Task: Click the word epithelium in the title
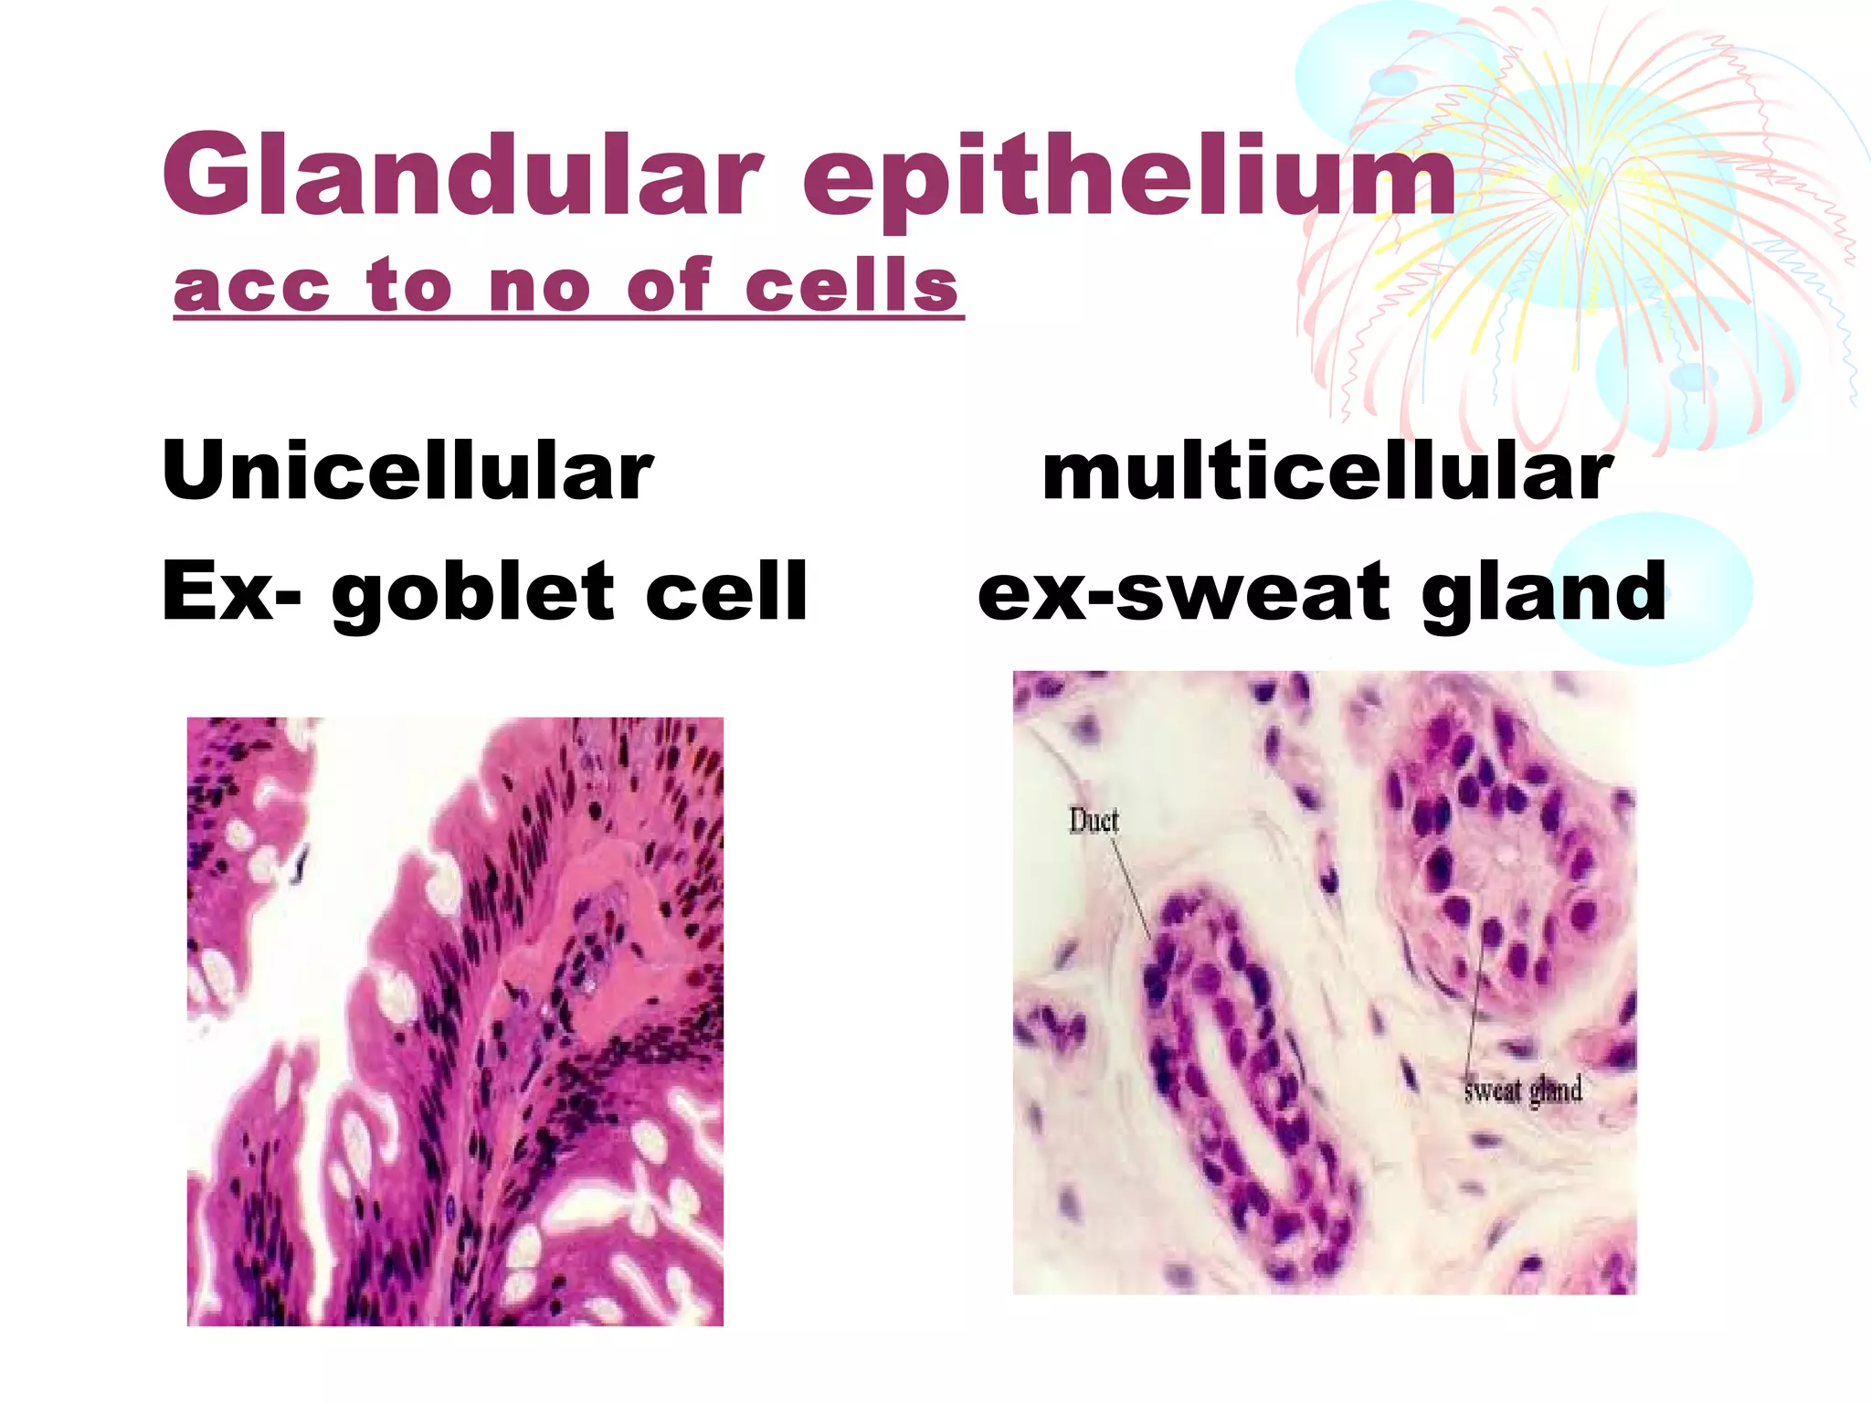1129,178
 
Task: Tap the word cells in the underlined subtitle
851,285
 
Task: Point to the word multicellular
1327,473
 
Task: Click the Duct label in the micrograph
1094,821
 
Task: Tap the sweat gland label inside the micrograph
1522,1090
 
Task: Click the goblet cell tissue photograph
455,1021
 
